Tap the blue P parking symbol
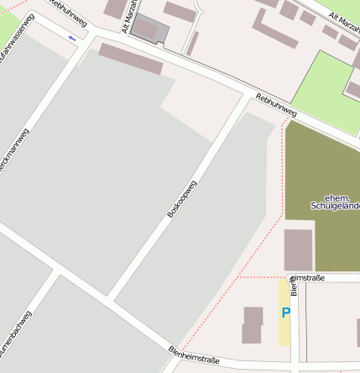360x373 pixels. tap(285, 313)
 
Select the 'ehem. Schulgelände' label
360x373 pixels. tap(336, 202)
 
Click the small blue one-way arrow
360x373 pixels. tap(72, 39)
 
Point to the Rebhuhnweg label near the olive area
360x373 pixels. tap(277, 104)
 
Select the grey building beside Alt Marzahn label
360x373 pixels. tap(151, 29)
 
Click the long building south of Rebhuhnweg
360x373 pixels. tap(131, 59)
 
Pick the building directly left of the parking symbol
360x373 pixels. tap(253, 325)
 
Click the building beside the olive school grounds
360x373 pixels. tap(298, 250)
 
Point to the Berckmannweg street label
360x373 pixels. tap(16, 151)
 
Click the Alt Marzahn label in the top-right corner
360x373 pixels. tap(344, 18)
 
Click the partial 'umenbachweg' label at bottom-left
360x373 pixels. tap(16, 336)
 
